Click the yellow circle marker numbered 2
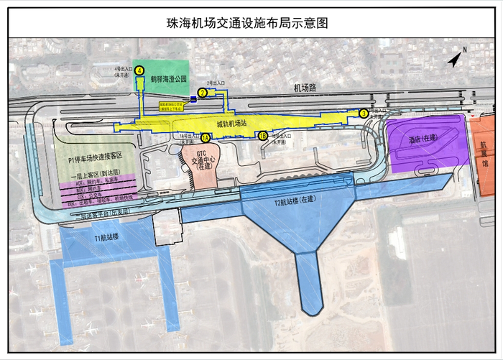pyautogui.click(x=203, y=93)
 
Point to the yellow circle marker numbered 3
pyautogui.click(x=364, y=113)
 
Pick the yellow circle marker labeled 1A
pyautogui.click(x=206, y=137)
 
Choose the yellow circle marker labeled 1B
pyautogui.click(x=262, y=136)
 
